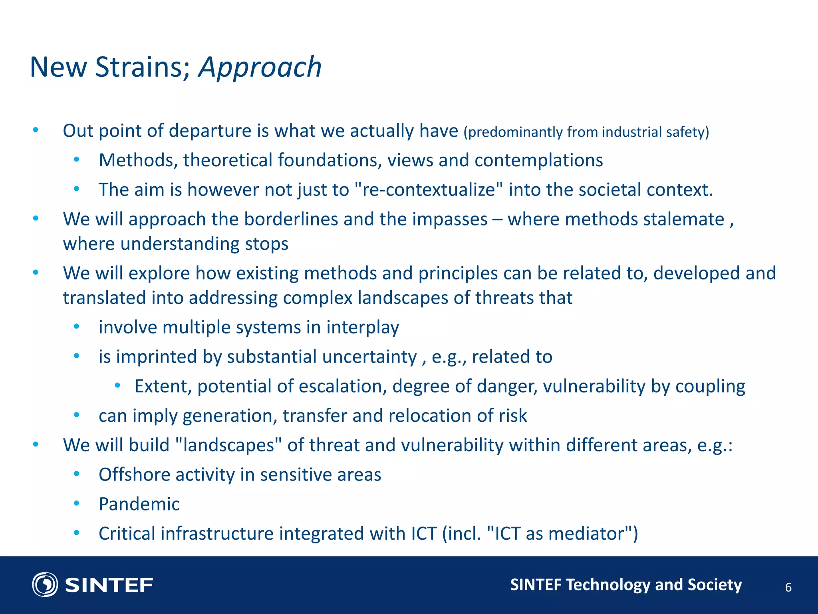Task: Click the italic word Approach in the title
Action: (x=260, y=67)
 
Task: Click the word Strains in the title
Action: (x=142, y=67)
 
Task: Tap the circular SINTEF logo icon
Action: (x=45, y=584)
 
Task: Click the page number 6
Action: (x=788, y=587)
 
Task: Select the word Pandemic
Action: (x=139, y=504)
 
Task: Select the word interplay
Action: (x=362, y=327)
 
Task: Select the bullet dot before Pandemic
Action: (x=77, y=504)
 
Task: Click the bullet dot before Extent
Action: (x=117, y=386)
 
